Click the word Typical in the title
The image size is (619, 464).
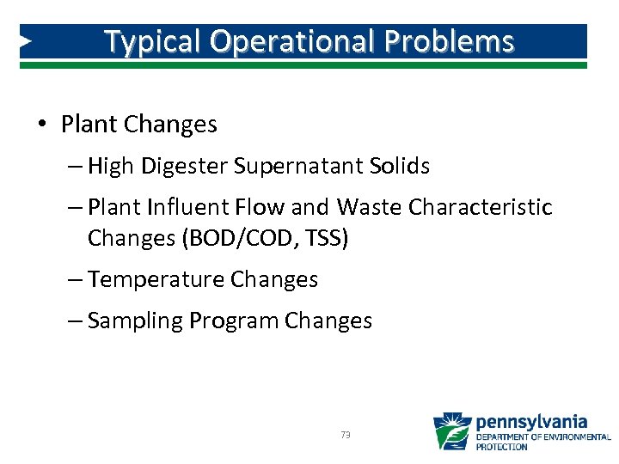[152, 42]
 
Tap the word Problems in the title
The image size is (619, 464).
[462, 42]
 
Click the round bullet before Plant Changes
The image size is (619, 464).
[42, 125]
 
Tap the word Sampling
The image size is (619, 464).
[135, 321]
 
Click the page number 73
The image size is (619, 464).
[346, 436]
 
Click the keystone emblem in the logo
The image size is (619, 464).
[452, 432]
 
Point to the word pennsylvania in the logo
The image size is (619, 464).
[531, 422]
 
